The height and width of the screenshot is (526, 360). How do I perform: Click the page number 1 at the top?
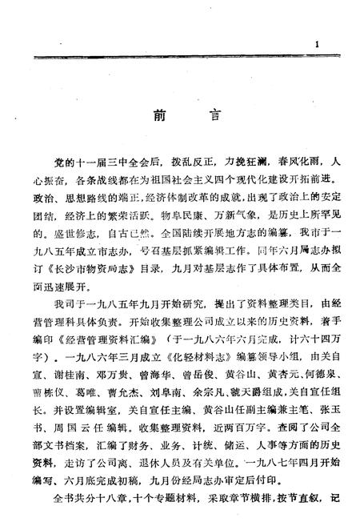click(x=317, y=45)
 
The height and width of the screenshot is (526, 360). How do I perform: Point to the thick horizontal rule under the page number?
click(x=180, y=58)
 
